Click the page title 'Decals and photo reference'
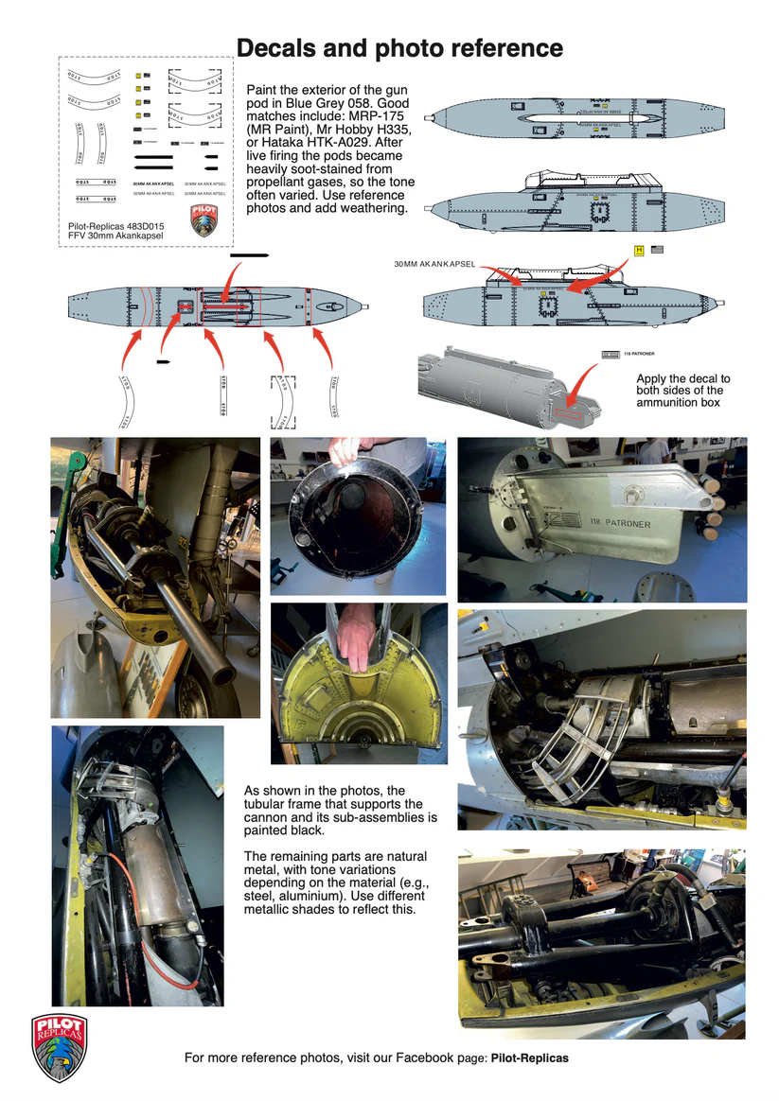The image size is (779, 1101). coord(398,47)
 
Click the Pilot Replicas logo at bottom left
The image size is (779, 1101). coord(59,1047)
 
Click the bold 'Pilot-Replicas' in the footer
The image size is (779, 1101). coord(529,1057)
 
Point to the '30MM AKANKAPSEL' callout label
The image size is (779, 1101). coord(434,263)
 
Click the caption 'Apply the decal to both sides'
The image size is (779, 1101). coord(682,390)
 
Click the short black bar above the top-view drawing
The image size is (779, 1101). coord(249,254)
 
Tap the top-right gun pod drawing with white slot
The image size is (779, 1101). coord(588,120)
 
